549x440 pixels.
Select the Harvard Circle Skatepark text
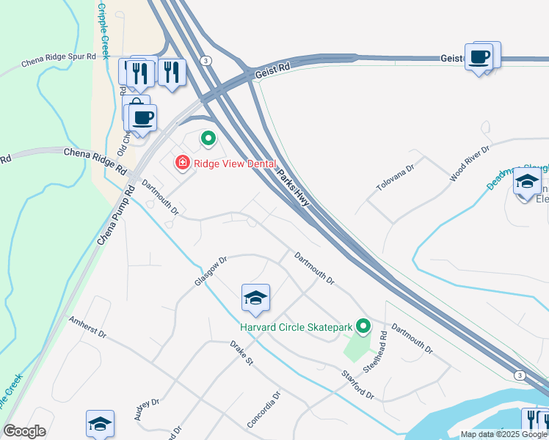(x=296, y=326)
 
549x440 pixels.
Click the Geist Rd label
(x=273, y=70)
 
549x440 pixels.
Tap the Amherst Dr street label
(x=88, y=328)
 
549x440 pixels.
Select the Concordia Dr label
(x=264, y=410)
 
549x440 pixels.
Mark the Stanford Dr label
(x=358, y=385)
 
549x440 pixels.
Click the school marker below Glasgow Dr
(x=255, y=298)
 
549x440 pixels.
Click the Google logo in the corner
(x=24, y=430)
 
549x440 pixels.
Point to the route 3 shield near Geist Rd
(x=207, y=60)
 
